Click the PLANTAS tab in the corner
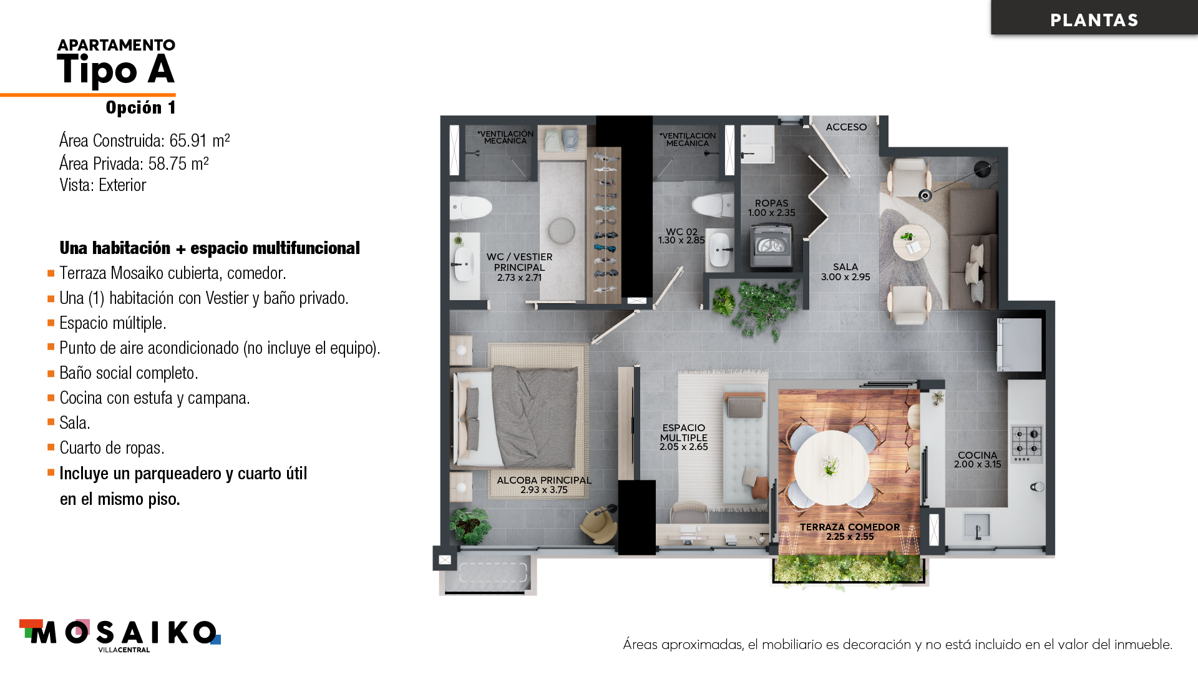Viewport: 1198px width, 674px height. [1094, 19]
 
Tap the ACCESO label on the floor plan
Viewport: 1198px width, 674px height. [846, 127]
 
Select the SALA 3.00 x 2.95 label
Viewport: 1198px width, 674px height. [845, 271]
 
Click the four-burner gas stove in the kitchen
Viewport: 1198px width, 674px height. [1026, 444]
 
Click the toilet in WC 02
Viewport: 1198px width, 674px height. [713, 205]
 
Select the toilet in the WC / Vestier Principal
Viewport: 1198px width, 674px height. [470, 208]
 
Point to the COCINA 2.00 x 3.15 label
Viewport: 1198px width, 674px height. [977, 459]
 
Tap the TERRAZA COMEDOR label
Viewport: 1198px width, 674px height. [850, 527]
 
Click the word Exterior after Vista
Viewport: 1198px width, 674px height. [122, 185]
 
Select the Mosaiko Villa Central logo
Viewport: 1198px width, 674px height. [120, 636]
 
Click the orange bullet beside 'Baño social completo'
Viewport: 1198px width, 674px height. [51, 373]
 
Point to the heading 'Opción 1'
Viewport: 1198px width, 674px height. [140, 107]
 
